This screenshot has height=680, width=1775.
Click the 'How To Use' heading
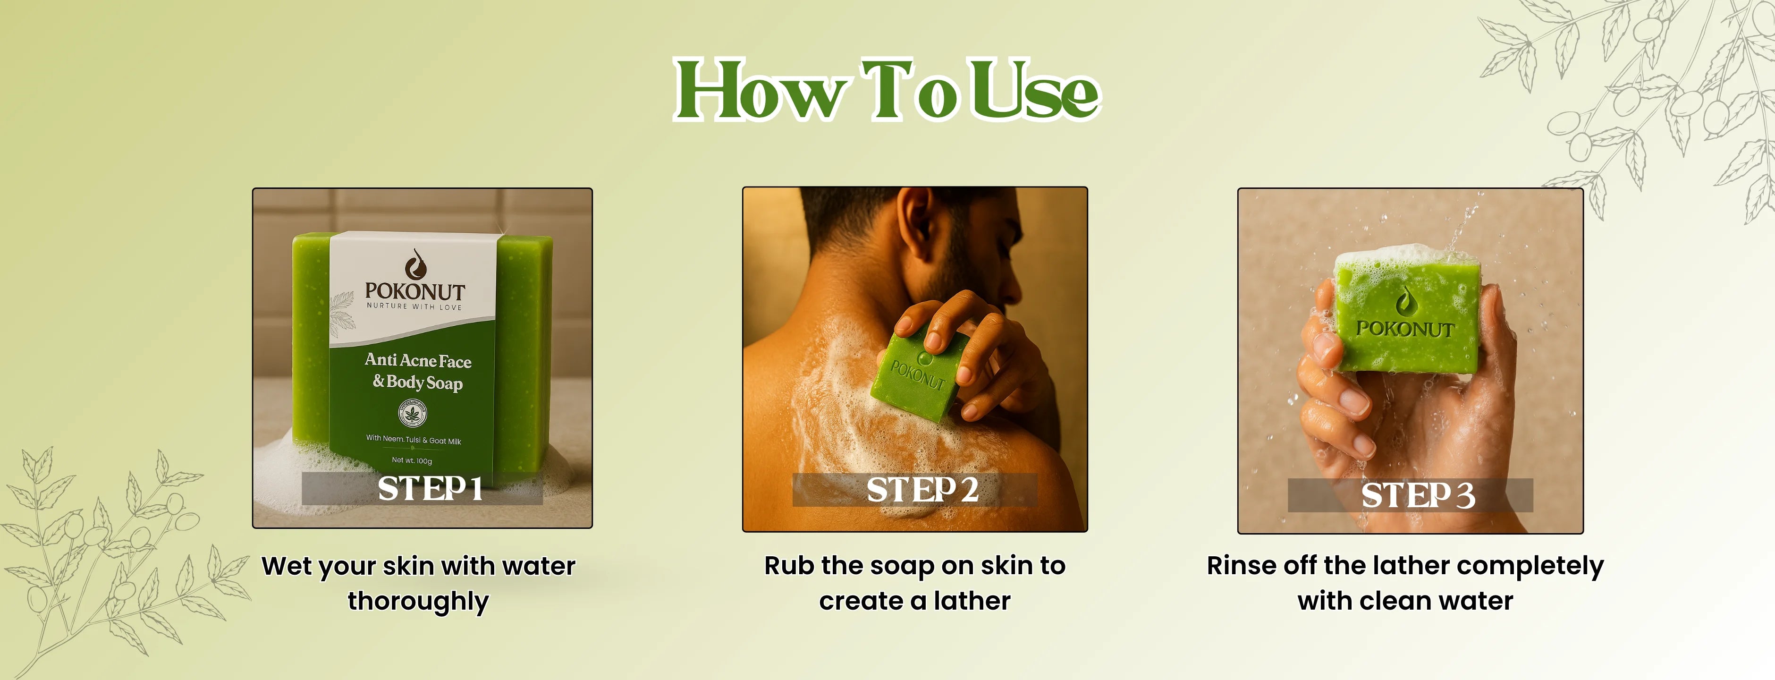pos(887,90)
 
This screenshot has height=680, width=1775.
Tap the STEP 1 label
pos(430,488)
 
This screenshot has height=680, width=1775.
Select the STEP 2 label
pos(922,490)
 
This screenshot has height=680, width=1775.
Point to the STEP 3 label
pos(1418,495)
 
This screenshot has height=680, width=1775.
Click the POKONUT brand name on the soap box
pos(415,291)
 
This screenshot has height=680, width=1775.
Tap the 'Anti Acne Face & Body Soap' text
pos(418,371)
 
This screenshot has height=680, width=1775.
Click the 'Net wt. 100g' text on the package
pos(412,460)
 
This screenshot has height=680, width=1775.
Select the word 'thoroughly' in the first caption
pos(418,602)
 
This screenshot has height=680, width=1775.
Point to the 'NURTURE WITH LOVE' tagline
pos(414,306)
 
